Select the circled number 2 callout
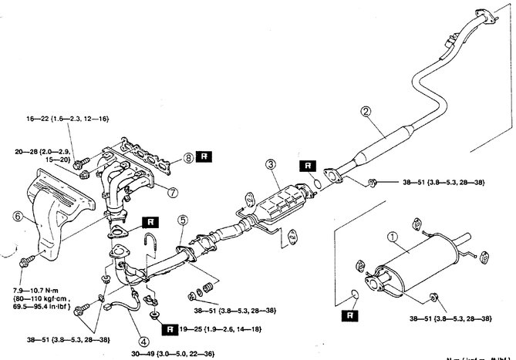pos(365,111)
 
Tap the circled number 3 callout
pos(270,163)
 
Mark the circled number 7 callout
pos(173,190)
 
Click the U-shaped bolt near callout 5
pos(151,247)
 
